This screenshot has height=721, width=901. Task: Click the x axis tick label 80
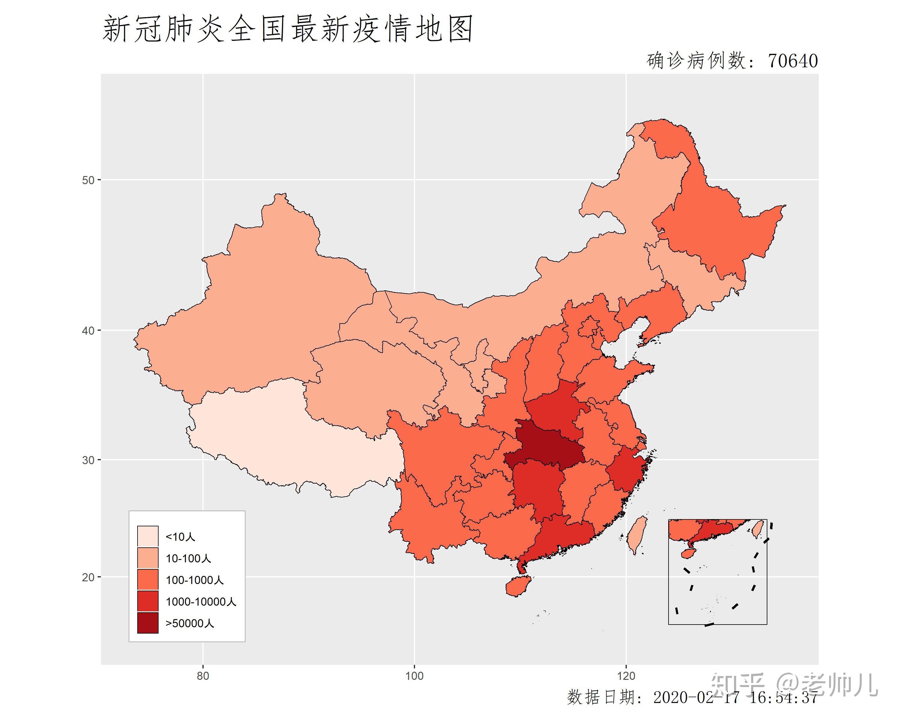(x=203, y=676)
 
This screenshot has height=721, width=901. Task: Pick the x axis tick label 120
(x=626, y=676)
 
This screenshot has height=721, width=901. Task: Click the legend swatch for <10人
(x=148, y=536)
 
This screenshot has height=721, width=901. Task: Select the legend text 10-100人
(x=188, y=558)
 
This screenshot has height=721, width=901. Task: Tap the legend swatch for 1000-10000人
(x=148, y=601)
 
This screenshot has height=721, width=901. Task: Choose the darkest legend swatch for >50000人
(x=148, y=623)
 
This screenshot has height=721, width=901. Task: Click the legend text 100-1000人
(x=194, y=580)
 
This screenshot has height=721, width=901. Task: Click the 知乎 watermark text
(x=737, y=685)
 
